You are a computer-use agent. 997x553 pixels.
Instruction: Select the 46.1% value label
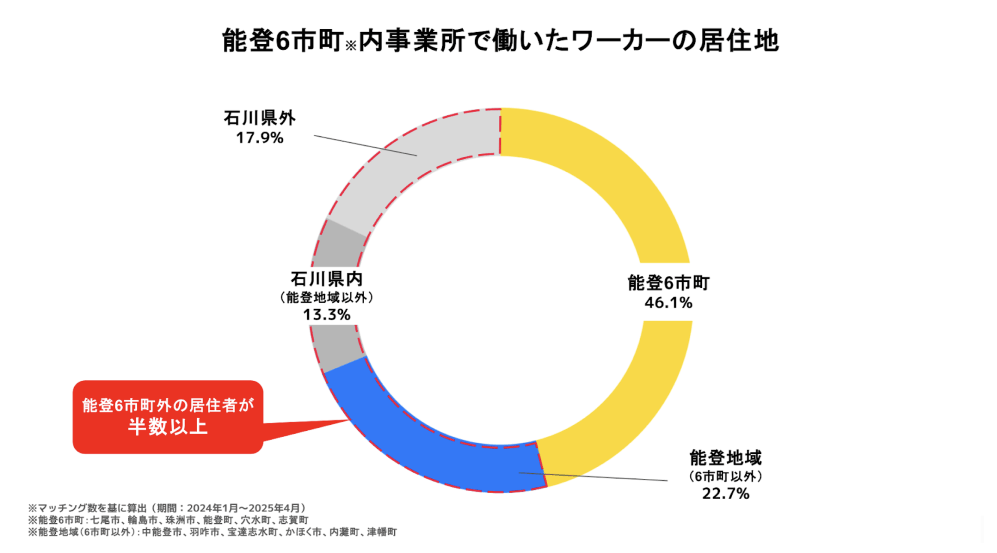point(668,303)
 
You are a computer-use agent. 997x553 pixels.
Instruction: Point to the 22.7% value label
point(725,494)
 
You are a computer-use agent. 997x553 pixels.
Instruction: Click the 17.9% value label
point(259,138)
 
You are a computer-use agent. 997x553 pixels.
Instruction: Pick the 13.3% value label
point(327,315)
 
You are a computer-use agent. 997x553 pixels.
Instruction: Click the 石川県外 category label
point(259,118)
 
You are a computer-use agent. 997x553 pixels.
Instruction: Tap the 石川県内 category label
point(327,279)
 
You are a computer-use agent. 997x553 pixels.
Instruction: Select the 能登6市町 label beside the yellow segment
point(668,283)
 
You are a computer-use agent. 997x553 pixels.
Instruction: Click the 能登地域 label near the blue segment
point(725,458)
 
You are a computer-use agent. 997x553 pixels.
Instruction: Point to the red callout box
point(168,417)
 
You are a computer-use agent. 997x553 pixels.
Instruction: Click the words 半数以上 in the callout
point(168,427)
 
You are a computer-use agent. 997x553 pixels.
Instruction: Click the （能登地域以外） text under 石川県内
point(327,297)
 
